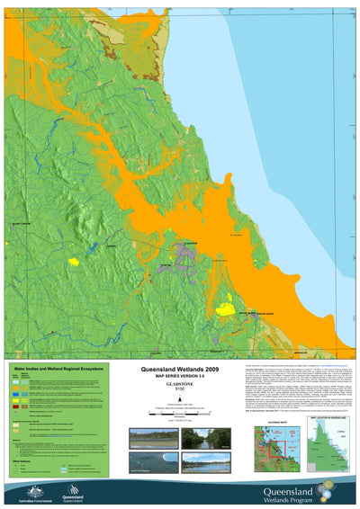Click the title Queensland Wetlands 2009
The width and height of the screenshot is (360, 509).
point(183,370)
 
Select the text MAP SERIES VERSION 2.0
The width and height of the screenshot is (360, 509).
point(183,377)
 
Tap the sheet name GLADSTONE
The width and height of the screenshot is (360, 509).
point(183,387)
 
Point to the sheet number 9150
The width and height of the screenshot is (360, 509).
point(183,393)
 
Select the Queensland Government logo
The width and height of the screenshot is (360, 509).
point(75,490)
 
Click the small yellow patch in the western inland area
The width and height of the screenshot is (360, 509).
point(74,262)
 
